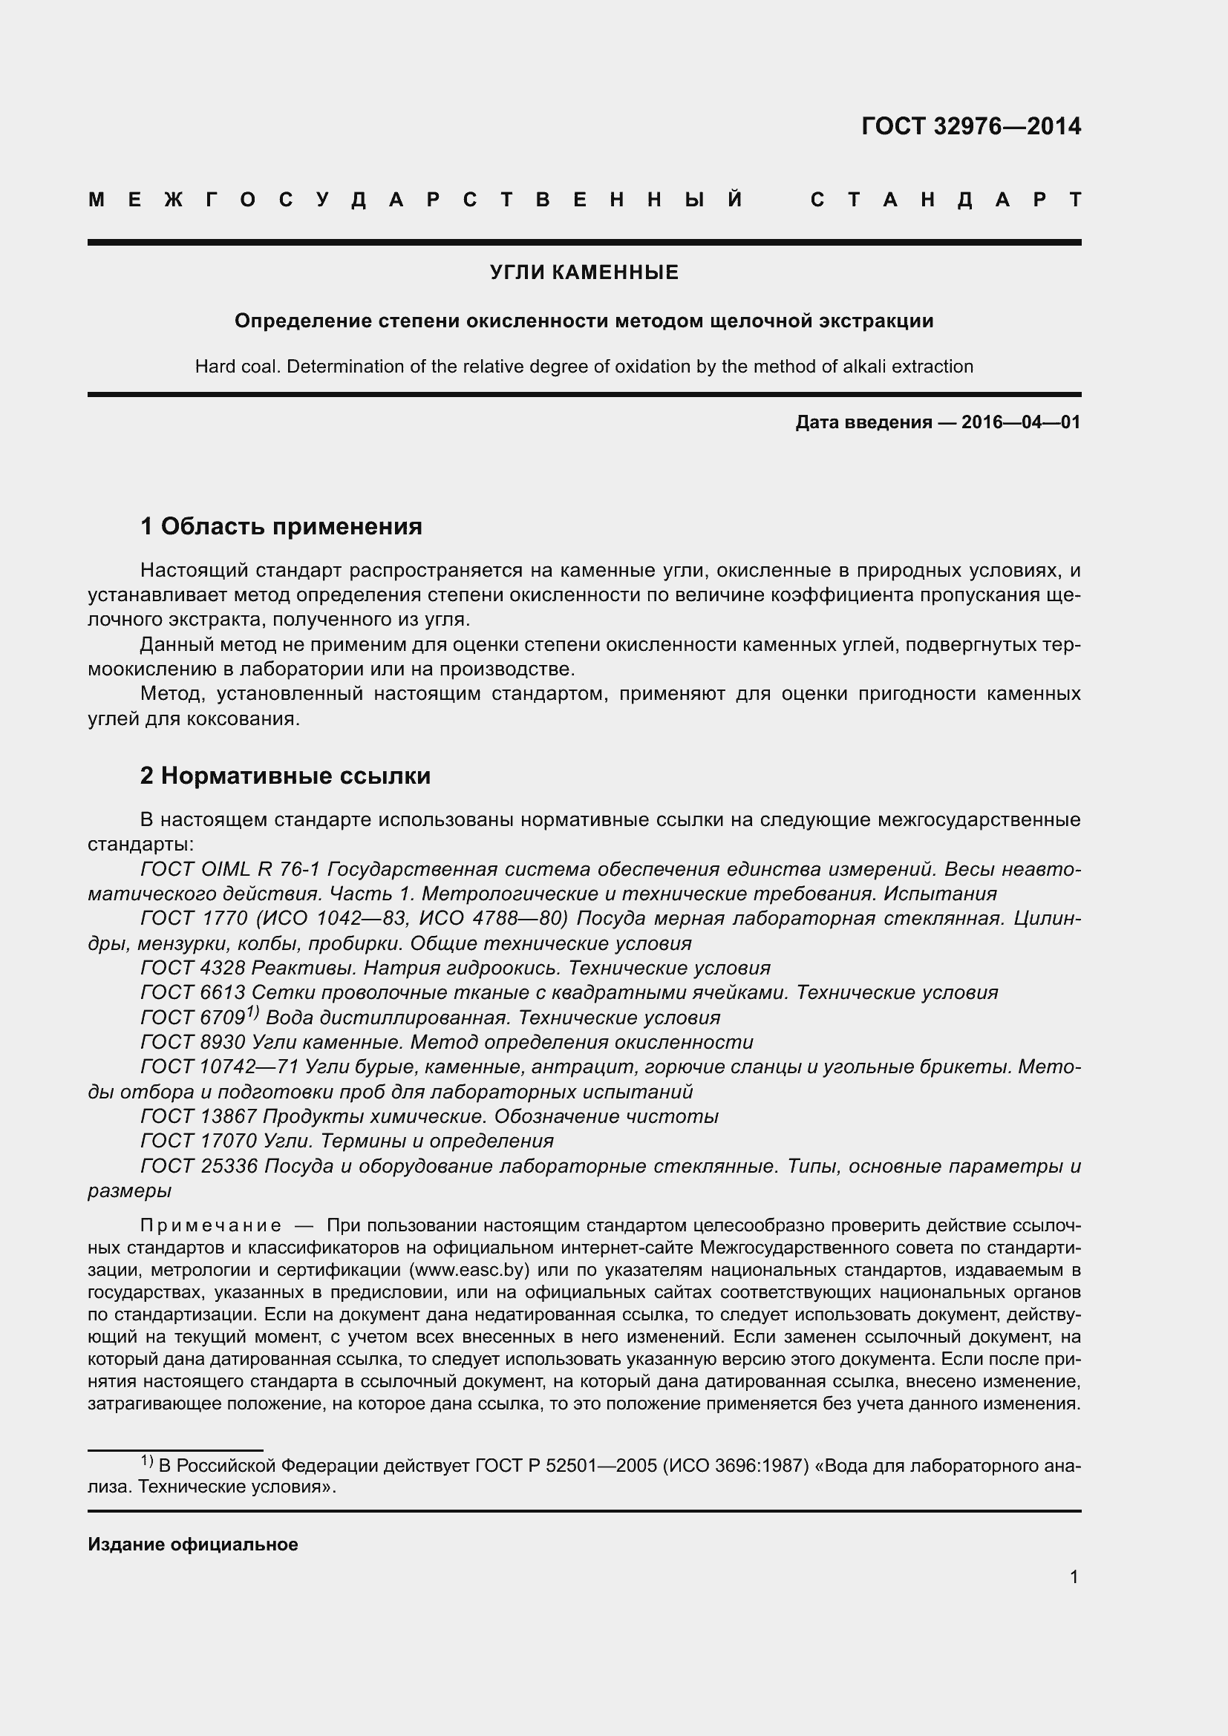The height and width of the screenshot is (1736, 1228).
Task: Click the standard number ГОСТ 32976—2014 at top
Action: tap(971, 126)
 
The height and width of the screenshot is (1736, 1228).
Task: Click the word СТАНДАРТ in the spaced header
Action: tap(946, 200)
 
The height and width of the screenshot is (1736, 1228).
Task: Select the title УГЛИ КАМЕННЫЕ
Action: tap(584, 273)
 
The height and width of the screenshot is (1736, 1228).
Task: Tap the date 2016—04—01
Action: tap(1021, 422)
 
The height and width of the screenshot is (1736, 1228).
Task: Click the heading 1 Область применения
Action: tap(281, 526)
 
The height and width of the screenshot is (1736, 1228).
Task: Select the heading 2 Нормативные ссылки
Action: tap(285, 776)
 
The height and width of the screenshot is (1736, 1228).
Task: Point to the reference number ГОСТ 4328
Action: tap(193, 969)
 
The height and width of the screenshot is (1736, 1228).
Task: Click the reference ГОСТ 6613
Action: tap(193, 993)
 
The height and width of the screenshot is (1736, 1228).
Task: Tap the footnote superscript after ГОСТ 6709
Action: tap(252, 1012)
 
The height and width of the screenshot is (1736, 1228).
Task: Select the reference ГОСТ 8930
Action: tap(193, 1043)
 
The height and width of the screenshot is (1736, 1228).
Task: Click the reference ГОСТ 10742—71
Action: tap(219, 1067)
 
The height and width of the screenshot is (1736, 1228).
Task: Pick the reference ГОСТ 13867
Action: tap(198, 1117)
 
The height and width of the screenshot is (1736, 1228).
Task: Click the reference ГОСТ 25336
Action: tap(198, 1167)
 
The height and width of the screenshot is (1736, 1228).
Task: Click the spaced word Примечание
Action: tap(211, 1225)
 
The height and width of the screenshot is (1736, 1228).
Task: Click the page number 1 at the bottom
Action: tap(1074, 1577)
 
